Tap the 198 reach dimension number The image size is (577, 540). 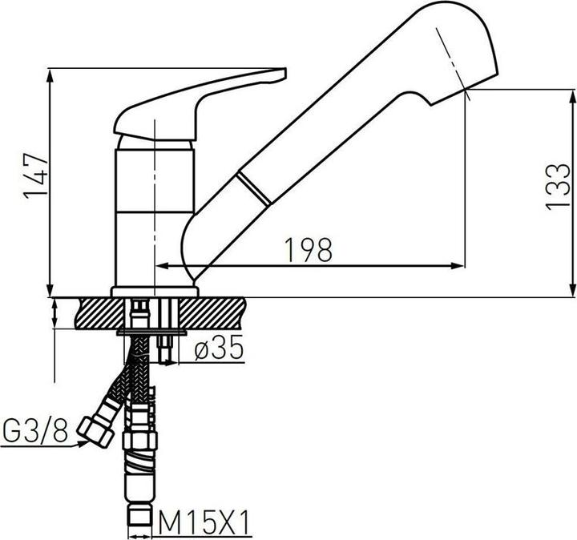pos(308,251)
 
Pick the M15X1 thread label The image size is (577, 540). pos(205,525)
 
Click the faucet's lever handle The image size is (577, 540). pos(200,101)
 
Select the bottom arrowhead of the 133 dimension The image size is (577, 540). pos(574,289)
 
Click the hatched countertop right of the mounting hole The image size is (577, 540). pos(220,312)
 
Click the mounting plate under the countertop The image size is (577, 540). pos(152,330)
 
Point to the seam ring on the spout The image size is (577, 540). pos(255,189)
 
